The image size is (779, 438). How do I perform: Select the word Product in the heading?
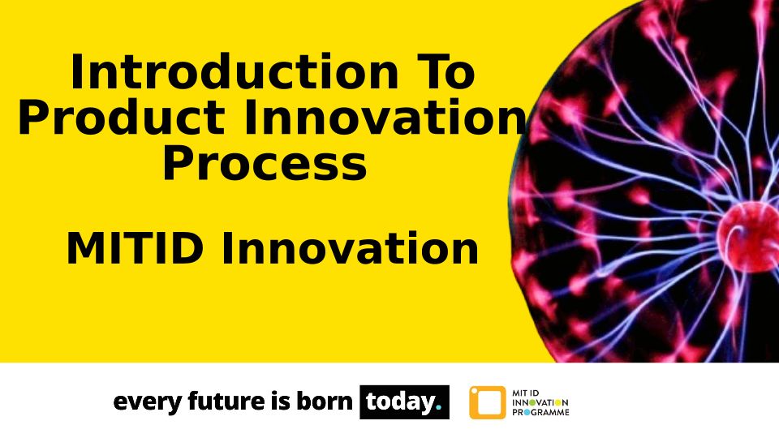(122, 118)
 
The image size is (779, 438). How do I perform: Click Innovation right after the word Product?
(384, 118)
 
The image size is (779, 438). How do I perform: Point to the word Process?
(265, 164)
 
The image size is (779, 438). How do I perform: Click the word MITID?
(135, 249)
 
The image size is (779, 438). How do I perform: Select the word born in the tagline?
(325, 401)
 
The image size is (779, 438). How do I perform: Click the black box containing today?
(404, 401)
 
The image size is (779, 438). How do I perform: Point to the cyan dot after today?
(437, 408)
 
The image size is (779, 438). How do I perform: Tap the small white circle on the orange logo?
(474, 391)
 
